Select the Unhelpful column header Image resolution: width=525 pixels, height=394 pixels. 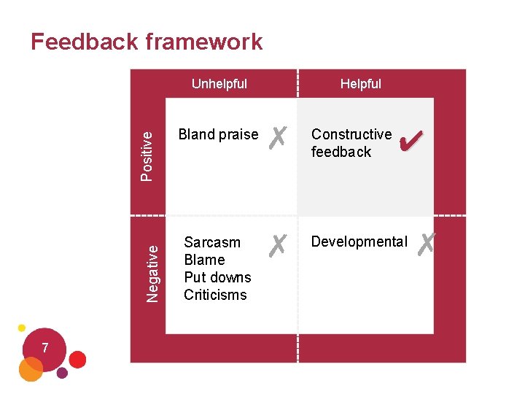tap(219, 84)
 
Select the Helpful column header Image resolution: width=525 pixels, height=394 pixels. tap(360, 84)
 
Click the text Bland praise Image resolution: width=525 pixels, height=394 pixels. tap(218, 134)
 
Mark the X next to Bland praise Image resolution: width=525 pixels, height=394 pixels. tap(276, 136)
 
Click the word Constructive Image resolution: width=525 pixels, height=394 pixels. tap(351, 134)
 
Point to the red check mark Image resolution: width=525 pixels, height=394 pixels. tap(412, 138)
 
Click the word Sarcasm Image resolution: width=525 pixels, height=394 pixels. tap(211, 242)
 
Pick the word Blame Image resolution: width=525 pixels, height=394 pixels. tap(204, 260)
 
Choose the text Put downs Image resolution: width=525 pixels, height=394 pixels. tap(217, 277)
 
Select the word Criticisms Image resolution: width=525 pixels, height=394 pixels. tap(215, 295)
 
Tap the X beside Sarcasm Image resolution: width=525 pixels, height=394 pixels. tap(276, 245)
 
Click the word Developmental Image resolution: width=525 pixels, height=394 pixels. tap(359, 242)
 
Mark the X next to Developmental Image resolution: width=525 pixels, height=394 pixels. tap(427, 243)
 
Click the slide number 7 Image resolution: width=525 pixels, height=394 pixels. tap(45, 349)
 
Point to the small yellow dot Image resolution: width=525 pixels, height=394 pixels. tap(22, 328)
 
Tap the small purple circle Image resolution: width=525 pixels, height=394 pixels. tap(62, 373)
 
